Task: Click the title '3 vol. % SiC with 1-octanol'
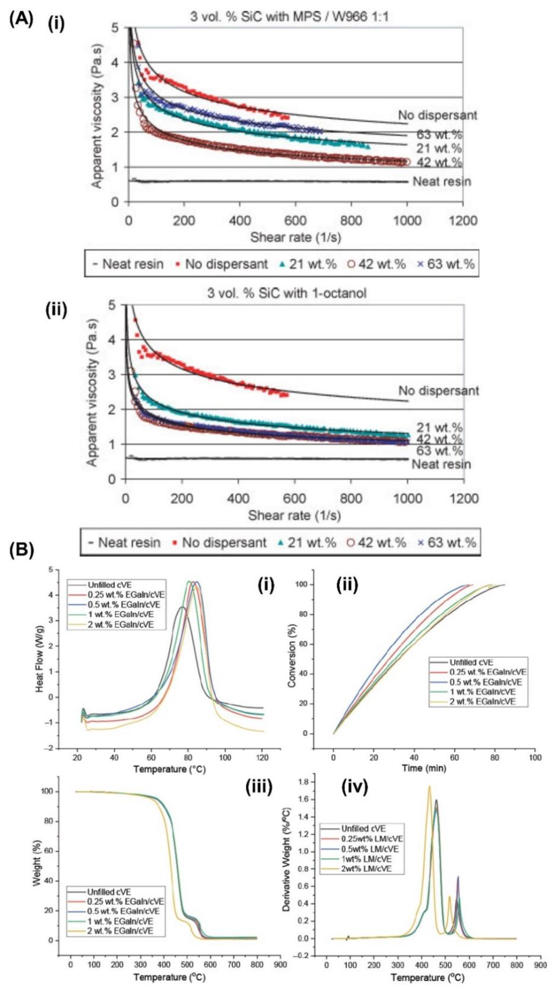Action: click(x=287, y=293)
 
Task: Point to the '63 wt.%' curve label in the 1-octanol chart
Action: click(x=440, y=450)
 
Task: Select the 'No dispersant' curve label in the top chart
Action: click(x=438, y=115)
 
